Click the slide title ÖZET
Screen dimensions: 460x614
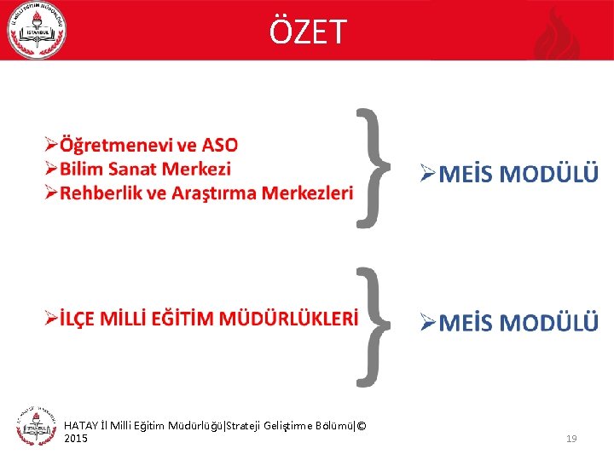click(x=308, y=32)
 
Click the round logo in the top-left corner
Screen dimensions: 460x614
click(x=36, y=31)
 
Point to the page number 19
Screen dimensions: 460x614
click(x=571, y=439)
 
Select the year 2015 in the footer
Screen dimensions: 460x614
click(x=76, y=438)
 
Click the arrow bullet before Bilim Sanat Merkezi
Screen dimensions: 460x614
click(x=51, y=170)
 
